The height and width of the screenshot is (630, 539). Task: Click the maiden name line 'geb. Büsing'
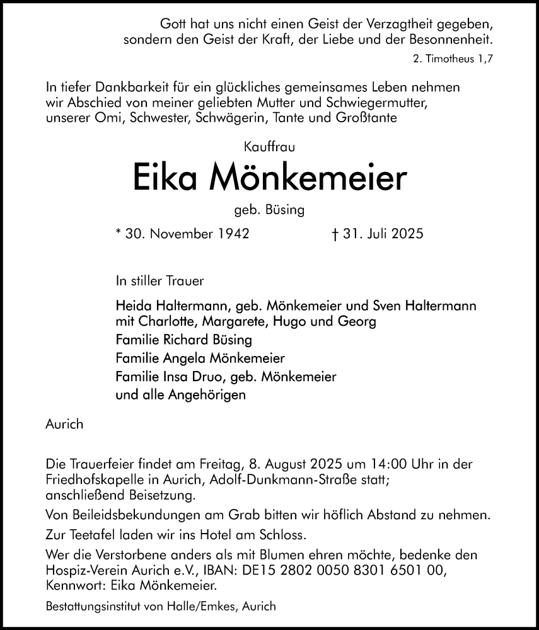(269, 210)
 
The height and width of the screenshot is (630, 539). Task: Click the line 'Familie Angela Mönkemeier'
(200, 358)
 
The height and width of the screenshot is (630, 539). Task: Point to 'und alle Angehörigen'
(181, 395)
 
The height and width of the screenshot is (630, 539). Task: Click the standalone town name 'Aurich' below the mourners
(64, 425)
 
